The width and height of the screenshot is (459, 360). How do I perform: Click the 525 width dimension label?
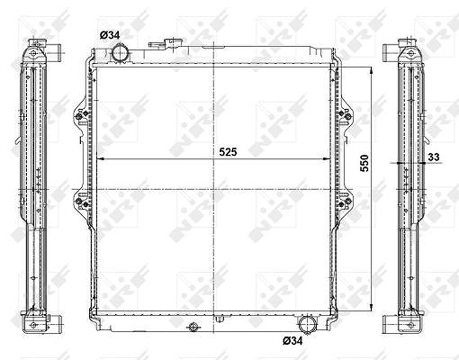point(228,152)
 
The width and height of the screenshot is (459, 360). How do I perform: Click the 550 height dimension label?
point(364,163)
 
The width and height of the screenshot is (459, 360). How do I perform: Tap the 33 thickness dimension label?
point(434,157)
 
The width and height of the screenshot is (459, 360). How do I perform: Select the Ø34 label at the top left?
point(110,35)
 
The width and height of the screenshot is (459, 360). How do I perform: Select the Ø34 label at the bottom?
point(292,341)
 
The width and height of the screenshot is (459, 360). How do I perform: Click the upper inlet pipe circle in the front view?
point(121,52)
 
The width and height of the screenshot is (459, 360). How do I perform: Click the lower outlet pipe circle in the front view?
point(306,324)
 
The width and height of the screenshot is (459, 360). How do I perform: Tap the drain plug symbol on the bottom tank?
point(193,327)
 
